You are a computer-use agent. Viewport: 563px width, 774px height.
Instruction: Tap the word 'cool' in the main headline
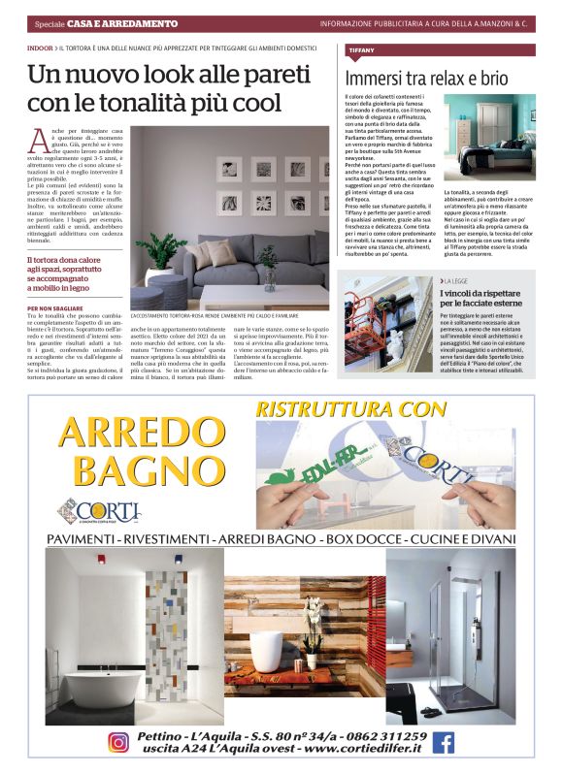click(250, 103)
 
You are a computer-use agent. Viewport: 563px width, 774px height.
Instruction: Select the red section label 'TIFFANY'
click(360, 48)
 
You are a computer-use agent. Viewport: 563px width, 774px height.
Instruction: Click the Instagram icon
click(117, 742)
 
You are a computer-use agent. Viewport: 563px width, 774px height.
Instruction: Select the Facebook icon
click(443, 742)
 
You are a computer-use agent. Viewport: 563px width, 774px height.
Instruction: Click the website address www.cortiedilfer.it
click(337, 750)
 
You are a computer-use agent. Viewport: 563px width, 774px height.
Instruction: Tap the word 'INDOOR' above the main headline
click(41, 48)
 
